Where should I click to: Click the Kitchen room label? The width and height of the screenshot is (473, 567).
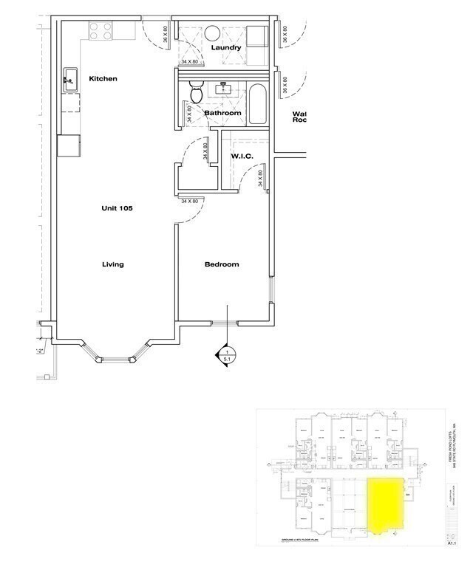[103, 79]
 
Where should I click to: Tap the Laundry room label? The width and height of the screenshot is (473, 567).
[226, 48]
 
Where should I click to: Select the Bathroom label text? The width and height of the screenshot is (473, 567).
[222, 113]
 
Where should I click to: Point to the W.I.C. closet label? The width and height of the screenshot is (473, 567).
[242, 156]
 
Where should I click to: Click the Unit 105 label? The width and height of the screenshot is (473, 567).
[117, 208]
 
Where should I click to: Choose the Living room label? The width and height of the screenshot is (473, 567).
[113, 264]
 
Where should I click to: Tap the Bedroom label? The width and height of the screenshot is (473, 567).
[222, 264]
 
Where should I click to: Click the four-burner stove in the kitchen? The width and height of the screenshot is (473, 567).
[101, 30]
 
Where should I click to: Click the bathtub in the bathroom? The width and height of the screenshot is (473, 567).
[258, 105]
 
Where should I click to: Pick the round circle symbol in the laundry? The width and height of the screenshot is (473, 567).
[211, 32]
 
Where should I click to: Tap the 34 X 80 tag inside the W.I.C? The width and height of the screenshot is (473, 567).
[260, 179]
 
